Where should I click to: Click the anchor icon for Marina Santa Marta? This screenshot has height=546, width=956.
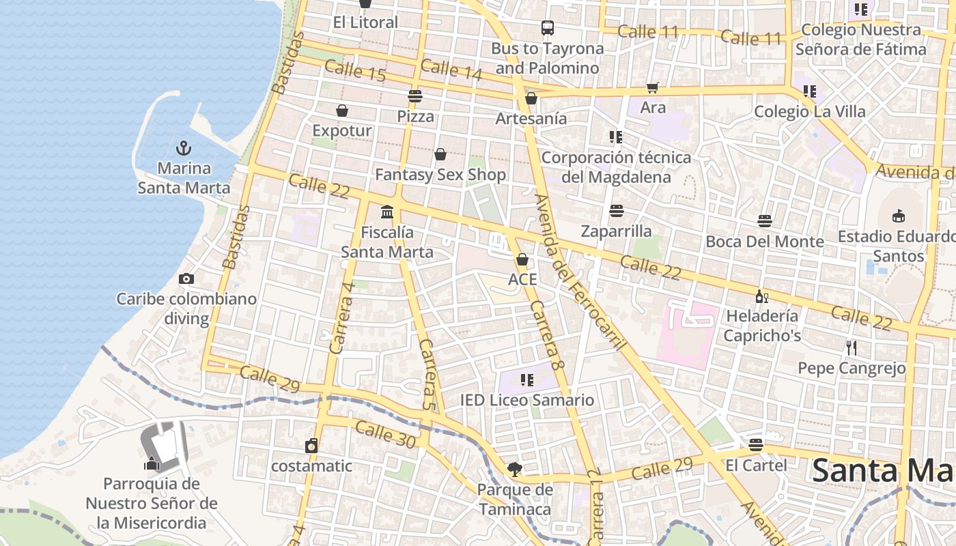(183, 147)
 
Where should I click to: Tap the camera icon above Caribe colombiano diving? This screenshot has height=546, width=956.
(186, 278)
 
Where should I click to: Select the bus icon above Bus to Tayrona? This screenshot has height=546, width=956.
(548, 28)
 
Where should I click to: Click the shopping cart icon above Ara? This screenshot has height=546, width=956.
(653, 87)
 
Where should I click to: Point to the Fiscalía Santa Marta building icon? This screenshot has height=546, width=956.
(387, 212)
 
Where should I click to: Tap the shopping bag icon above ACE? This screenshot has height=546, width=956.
(522, 259)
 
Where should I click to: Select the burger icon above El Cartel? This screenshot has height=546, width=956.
(756, 445)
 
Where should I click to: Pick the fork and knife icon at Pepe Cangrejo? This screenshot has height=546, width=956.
(851, 348)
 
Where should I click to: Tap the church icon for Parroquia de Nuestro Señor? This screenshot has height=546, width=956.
(152, 463)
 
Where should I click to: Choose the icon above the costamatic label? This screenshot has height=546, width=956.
(311, 446)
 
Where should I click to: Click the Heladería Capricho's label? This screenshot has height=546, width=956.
(762, 326)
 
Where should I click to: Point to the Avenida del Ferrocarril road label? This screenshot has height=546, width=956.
(580, 273)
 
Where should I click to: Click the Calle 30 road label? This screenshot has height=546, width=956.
(385, 435)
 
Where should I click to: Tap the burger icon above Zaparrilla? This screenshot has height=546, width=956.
(617, 211)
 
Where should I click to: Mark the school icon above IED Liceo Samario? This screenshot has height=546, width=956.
(526, 379)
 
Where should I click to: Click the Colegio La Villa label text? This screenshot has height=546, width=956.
(809, 111)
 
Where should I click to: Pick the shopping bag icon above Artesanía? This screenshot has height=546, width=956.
(531, 98)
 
